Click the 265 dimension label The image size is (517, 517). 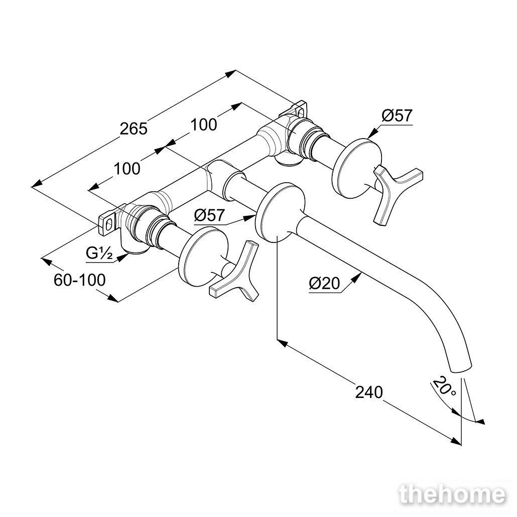pyautogui.click(x=133, y=128)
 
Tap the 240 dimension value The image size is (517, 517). pyautogui.click(x=369, y=393)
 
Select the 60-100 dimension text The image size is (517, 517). pyautogui.click(x=80, y=280)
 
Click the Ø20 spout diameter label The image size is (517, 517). pyautogui.click(x=324, y=283)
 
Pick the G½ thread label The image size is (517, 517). pyautogui.click(x=99, y=254)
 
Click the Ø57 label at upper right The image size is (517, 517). pyautogui.click(x=397, y=116)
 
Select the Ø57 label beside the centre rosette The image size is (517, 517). pyautogui.click(x=209, y=216)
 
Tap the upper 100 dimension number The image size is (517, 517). pyautogui.click(x=204, y=124)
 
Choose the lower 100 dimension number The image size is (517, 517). pyautogui.click(x=127, y=169)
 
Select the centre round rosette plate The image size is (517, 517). pyautogui.click(x=280, y=213)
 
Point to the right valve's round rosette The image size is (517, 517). pyautogui.click(x=358, y=169)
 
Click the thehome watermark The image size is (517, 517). pyautogui.click(x=452, y=495)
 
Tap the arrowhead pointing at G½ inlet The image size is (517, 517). pyautogui.click(x=123, y=257)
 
